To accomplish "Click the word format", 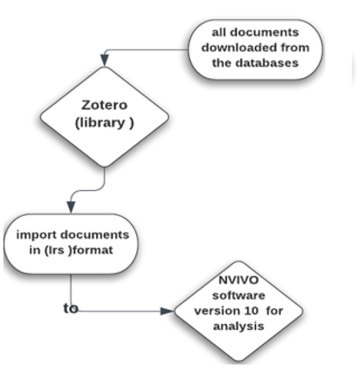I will point(96,250).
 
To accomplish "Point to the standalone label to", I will point(70,308).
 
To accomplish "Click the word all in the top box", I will point(219,32).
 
